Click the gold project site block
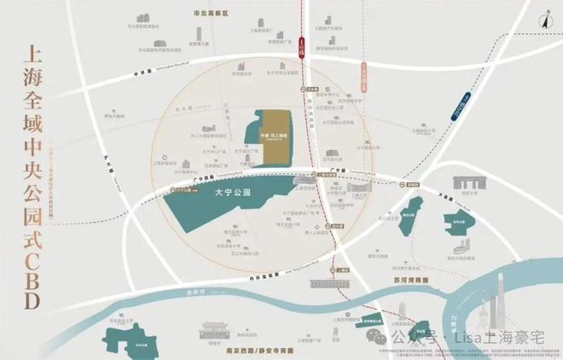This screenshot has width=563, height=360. pos(276,135)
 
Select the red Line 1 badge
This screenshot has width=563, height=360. pos(301,45)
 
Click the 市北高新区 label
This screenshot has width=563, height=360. pos(207,14)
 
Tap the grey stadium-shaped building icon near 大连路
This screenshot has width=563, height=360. pos(468,183)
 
